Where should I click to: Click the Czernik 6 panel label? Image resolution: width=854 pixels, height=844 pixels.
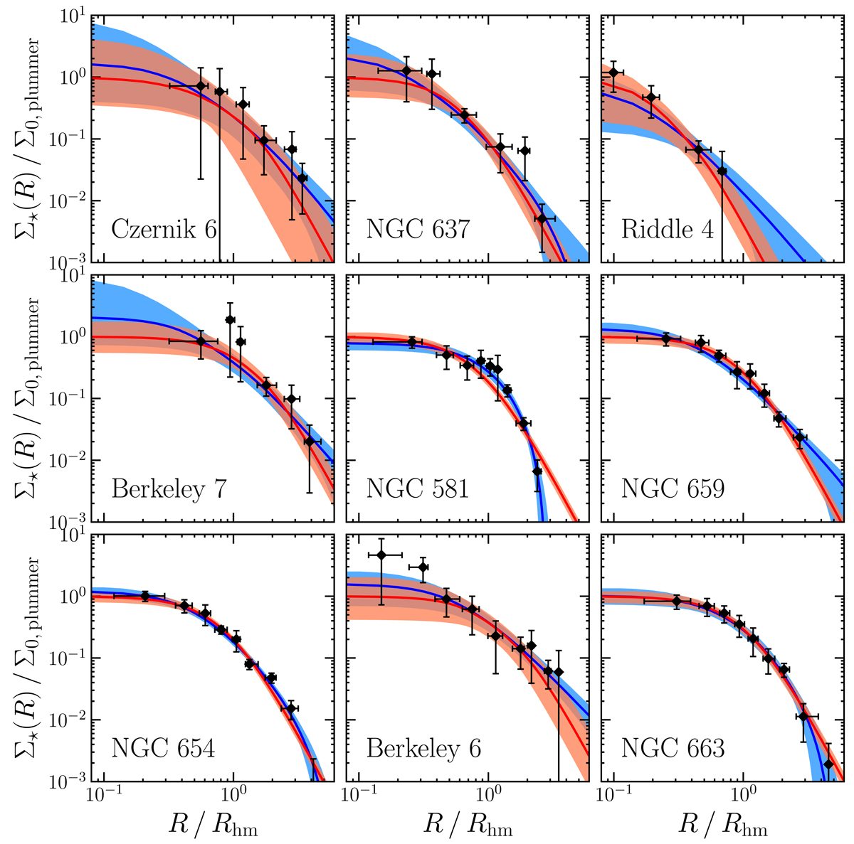(x=164, y=230)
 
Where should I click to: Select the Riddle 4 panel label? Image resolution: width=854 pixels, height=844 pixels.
(x=668, y=230)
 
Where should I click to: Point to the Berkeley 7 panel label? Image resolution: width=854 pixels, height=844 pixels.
(x=169, y=490)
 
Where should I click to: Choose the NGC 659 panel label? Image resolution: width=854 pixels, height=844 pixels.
(x=673, y=490)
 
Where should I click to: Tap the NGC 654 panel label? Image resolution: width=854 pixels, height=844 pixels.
(x=163, y=749)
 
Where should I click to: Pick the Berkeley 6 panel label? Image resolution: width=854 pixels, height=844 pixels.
(x=423, y=749)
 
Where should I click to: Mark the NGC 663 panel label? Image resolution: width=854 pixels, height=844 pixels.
(x=673, y=749)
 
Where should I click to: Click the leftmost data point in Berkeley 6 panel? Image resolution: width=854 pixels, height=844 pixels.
(x=381, y=555)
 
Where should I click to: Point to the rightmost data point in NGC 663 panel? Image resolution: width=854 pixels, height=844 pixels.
(x=828, y=764)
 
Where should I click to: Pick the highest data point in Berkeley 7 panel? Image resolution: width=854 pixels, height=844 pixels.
(x=230, y=320)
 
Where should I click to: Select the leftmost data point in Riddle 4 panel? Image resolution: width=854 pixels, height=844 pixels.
(x=613, y=73)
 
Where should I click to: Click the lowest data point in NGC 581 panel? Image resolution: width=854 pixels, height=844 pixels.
(x=537, y=471)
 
